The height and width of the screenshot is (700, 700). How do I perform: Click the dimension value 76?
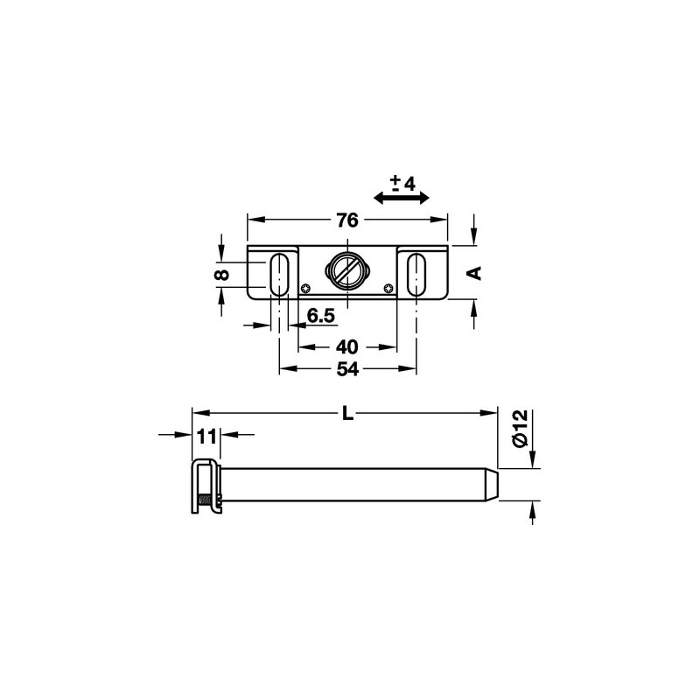point(347,220)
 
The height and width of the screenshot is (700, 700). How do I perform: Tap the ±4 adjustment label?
point(402,183)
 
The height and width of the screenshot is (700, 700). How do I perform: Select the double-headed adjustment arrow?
point(401,199)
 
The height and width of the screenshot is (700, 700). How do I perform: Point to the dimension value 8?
point(222,274)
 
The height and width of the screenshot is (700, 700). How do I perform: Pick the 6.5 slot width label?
point(320,316)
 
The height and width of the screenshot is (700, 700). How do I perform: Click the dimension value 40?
point(346,346)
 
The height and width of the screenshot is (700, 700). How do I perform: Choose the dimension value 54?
point(347,369)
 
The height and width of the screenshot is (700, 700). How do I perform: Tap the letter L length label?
point(347,414)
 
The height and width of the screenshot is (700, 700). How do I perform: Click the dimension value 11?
point(206,437)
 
